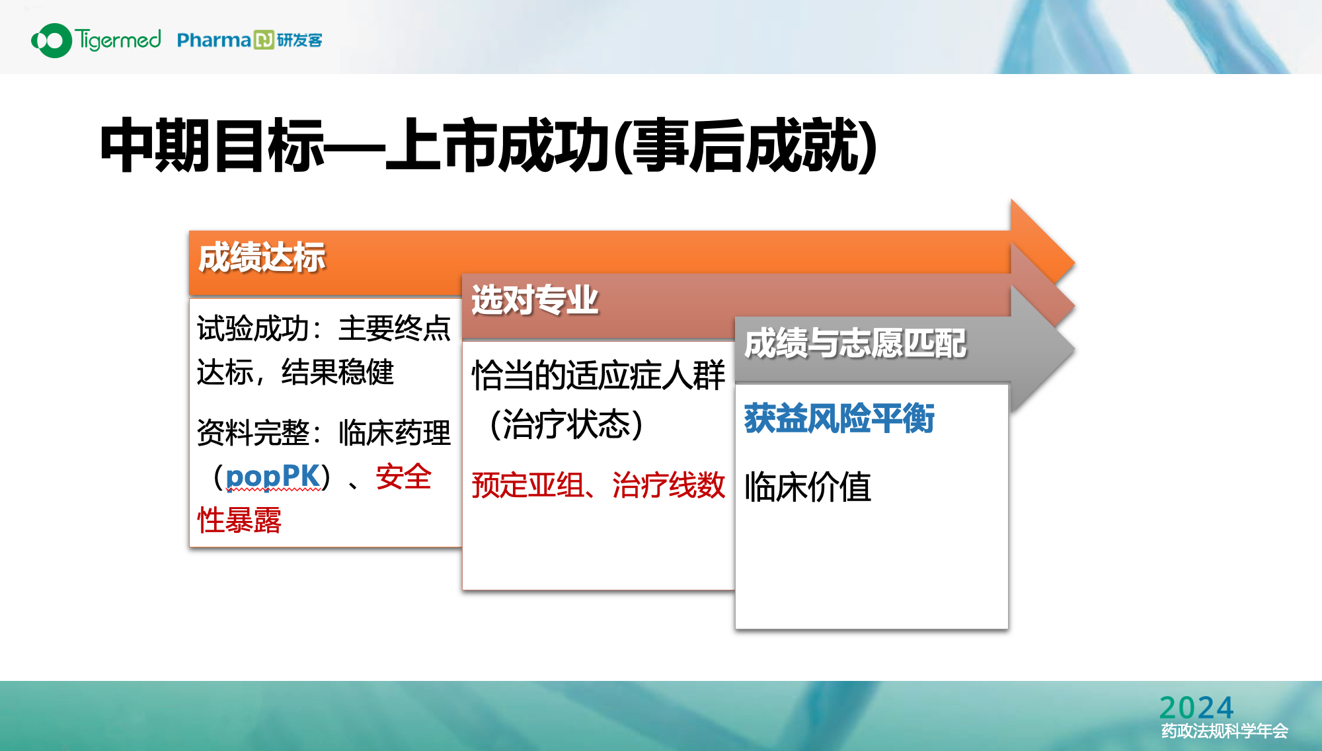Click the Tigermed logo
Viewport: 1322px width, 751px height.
pyautogui.click(x=96, y=40)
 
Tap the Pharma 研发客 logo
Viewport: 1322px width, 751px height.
pyautogui.click(x=250, y=40)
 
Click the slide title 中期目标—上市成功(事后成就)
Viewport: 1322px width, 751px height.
pyautogui.click(x=488, y=145)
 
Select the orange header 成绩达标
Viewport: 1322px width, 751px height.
pyautogui.click(x=262, y=257)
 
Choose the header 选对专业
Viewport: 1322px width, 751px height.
pyautogui.click(x=535, y=300)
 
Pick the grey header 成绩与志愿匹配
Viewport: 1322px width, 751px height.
pyautogui.click(x=855, y=344)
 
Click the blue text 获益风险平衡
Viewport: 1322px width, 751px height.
pyautogui.click(x=839, y=418)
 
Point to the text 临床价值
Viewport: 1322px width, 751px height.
pyautogui.click(x=808, y=487)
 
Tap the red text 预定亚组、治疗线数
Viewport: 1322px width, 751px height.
pyautogui.click(x=598, y=485)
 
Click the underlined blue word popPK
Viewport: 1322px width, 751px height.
pyautogui.click(x=272, y=476)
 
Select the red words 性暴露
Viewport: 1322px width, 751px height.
pyautogui.click(x=239, y=520)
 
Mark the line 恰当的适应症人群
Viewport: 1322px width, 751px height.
pyautogui.click(x=598, y=375)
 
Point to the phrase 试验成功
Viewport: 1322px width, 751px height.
pyautogui.click(x=253, y=329)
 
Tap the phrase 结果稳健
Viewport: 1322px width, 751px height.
pyautogui.click(x=338, y=372)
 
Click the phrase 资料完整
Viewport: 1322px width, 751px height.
pyautogui.click(x=253, y=433)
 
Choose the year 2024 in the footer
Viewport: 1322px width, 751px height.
pyautogui.click(x=1196, y=707)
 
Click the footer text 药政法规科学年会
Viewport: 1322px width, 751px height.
pyautogui.click(x=1225, y=731)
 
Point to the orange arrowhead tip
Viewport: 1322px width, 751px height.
pyautogui.click(x=1074, y=263)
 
